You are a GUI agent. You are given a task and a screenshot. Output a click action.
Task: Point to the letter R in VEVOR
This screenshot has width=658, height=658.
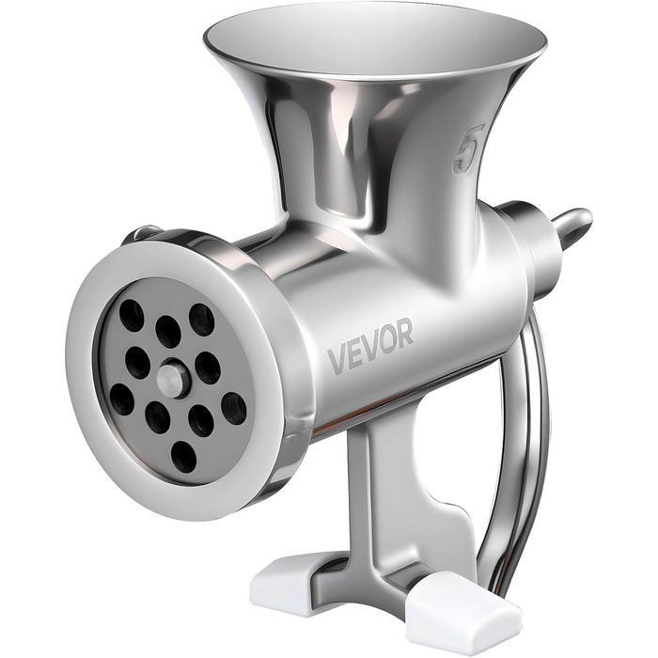tap(404, 332)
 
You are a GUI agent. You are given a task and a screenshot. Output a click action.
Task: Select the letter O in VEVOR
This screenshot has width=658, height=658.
tap(386, 338)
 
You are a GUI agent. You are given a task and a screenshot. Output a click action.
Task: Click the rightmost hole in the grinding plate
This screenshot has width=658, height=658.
tap(234, 408)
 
